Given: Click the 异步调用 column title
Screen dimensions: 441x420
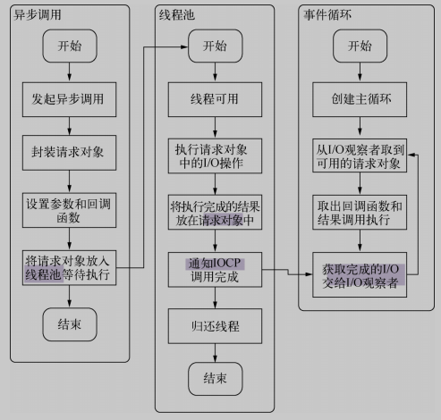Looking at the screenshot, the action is [38, 14].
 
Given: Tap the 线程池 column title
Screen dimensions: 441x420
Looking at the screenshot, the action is [177, 14].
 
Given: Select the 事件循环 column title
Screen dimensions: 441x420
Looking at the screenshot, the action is [327, 14].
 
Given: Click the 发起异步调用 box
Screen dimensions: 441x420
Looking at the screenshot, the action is [69, 99].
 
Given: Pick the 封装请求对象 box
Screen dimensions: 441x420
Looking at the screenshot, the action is [69, 153].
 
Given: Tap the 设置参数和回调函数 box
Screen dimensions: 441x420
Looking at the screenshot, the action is [69, 210].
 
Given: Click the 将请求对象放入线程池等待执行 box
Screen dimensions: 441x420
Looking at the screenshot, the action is [69, 268].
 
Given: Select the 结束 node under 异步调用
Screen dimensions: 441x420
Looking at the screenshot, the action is [70, 324].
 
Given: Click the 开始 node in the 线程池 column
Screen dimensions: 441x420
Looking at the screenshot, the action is [216, 46].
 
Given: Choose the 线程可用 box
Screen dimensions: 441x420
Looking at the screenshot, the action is [215, 99].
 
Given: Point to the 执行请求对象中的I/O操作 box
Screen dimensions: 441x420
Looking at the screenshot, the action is [215, 155].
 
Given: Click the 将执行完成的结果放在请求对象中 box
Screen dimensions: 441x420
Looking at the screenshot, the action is [215, 212].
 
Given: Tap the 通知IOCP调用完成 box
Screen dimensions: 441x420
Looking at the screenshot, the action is [215, 270].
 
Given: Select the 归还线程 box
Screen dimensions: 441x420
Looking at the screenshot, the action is [215, 326].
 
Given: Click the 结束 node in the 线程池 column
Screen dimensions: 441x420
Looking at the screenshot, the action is [216, 379].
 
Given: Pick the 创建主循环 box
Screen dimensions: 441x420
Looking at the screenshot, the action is [360, 99].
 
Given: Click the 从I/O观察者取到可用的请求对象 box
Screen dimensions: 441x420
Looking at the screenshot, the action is [360, 155].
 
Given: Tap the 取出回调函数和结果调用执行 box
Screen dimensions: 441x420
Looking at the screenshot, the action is [360, 212].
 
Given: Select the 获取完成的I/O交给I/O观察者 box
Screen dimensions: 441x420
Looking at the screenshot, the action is [360, 275].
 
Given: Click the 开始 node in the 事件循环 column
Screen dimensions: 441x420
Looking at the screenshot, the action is [360, 46].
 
